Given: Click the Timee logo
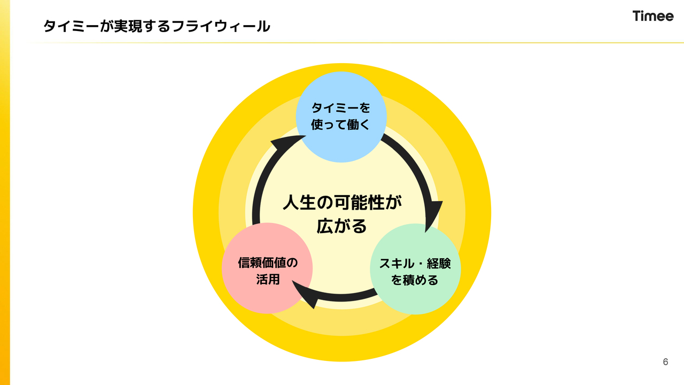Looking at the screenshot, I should tap(653, 16).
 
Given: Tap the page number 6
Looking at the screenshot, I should tap(665, 362).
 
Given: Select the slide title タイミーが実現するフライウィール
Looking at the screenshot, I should tap(157, 26).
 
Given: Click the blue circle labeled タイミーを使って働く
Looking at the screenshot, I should tap(341, 117).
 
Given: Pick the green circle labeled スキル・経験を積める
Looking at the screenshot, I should tap(415, 269).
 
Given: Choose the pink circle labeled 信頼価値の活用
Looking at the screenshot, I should tap(267, 268).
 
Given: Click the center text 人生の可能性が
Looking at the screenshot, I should tap(342, 203).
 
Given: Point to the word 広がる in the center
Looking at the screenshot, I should tap(342, 226).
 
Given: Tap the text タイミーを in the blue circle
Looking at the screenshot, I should tap(341, 108).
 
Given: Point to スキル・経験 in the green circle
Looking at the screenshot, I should tap(415, 263).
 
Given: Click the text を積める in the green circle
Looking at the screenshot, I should tap(415, 280).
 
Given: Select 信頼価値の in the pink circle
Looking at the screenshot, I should tap(267, 263).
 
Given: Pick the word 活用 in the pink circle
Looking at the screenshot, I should tap(267, 279).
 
